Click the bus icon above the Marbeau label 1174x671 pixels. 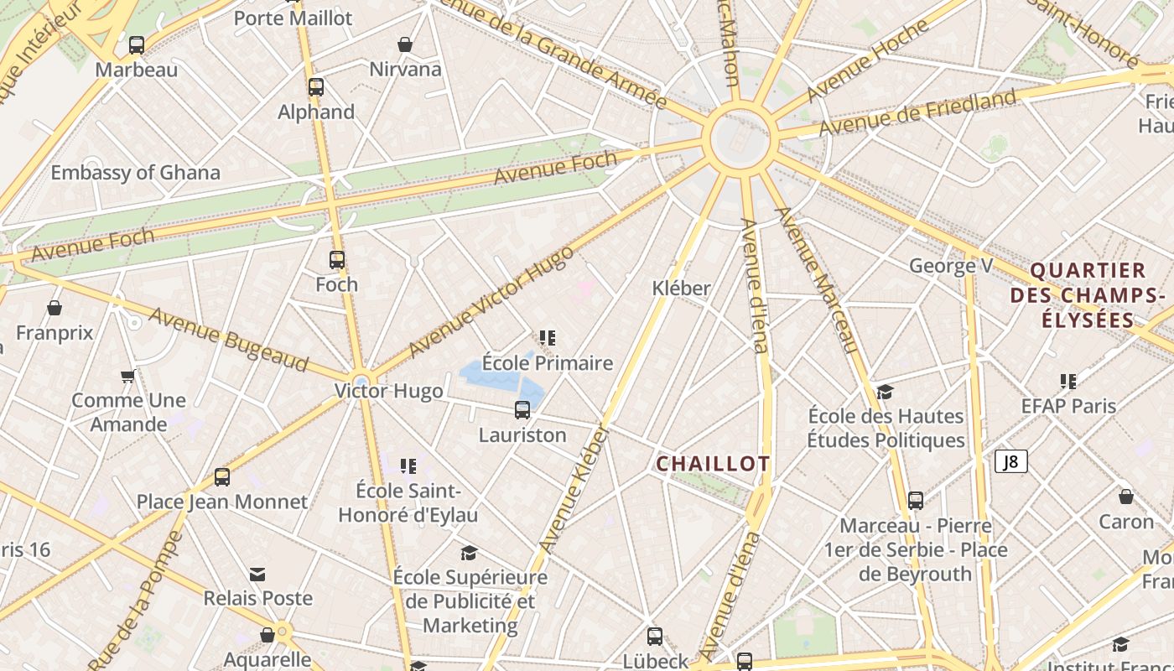point(137,45)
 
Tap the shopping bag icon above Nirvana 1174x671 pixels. point(405,44)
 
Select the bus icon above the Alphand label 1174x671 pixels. point(316,87)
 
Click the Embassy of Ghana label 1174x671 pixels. point(136,173)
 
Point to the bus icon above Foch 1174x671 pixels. point(337,260)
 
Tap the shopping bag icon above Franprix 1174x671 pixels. point(55,309)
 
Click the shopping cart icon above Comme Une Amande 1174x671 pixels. point(127,376)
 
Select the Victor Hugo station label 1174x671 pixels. point(389,391)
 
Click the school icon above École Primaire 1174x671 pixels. point(548,338)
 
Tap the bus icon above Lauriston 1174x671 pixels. point(522,410)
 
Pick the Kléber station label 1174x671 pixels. point(682,289)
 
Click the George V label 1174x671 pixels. point(951,267)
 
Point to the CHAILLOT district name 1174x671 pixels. point(713,464)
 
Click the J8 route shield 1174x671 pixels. point(1011,461)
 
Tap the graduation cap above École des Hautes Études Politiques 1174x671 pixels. point(885,392)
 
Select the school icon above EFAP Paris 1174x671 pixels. point(1068,382)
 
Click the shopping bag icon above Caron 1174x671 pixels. point(1126,497)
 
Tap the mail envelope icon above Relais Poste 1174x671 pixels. point(257,575)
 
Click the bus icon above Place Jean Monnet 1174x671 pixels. point(222,477)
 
